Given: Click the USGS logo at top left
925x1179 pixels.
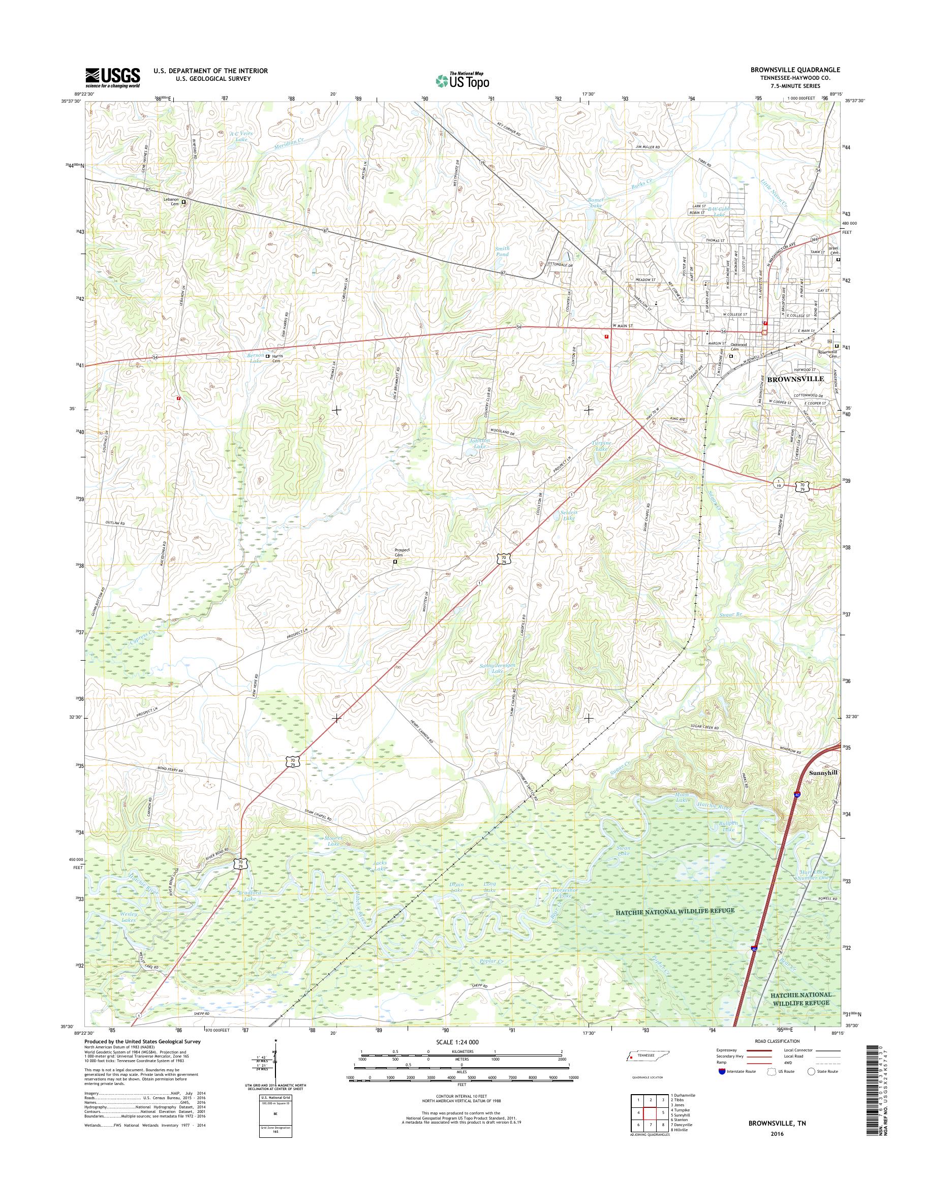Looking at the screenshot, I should tap(112, 77).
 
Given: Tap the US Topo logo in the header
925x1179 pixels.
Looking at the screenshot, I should tap(462, 81).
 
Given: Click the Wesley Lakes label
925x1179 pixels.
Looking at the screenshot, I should tap(127, 917).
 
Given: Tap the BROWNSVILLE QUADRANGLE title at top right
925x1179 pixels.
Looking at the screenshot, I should tap(795, 70).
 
